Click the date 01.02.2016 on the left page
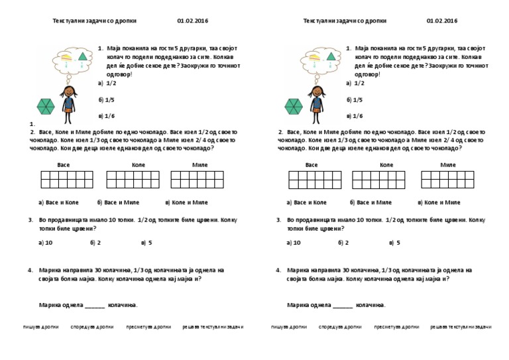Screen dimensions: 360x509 (192, 21)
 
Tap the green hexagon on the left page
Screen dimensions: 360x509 (46, 106)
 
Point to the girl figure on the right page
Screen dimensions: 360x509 (316, 103)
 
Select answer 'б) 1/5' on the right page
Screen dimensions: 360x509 (355, 100)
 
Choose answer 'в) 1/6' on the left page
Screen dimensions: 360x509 (106, 116)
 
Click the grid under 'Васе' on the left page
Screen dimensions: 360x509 (66, 179)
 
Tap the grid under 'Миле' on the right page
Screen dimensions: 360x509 (447, 179)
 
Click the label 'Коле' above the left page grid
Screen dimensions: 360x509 (139, 164)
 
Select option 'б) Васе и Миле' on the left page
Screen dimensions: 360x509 (118, 202)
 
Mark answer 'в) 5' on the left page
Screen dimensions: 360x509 (146, 243)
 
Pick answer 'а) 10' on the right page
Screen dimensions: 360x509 (294, 243)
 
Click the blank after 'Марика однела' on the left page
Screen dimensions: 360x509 (94, 306)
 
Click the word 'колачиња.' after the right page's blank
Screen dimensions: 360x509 (370, 305)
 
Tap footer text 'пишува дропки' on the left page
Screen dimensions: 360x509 (41, 327)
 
